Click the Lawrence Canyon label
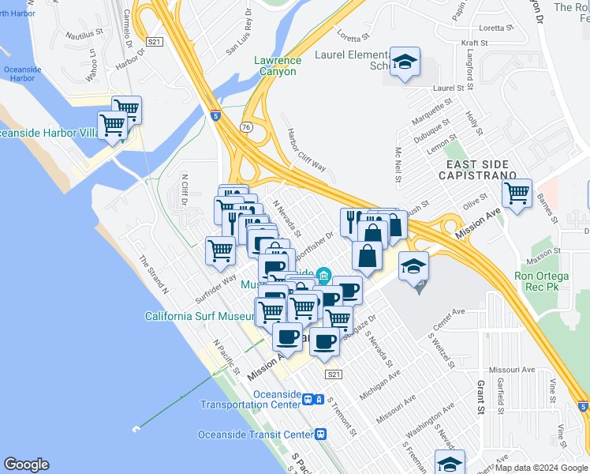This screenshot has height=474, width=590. point(276,66)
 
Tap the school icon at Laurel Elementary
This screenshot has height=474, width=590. point(405,62)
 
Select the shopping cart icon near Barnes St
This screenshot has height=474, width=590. point(517,193)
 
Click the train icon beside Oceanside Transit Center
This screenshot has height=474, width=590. point(321,434)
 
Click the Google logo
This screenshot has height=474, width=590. point(27,465)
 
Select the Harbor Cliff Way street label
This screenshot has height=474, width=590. point(306,149)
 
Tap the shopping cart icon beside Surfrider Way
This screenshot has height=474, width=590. point(221,250)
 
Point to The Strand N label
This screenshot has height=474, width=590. point(154,273)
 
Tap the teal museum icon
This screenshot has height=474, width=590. point(323,275)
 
